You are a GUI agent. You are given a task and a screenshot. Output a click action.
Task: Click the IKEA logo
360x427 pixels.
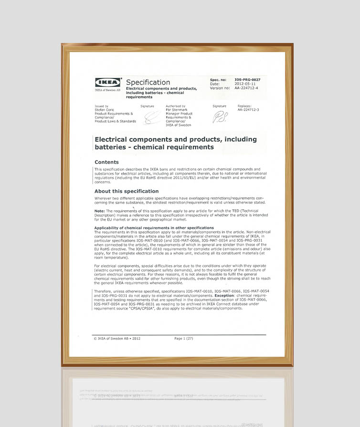[x=107, y=82]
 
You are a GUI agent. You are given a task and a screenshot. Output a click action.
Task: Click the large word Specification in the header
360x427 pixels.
[x=148, y=82]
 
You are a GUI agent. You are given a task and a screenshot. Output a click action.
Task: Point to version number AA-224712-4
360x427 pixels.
[x=246, y=88]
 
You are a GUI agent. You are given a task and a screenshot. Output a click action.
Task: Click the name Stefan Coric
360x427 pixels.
[x=106, y=110]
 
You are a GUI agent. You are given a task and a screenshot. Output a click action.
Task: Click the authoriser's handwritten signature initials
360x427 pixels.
[x=220, y=117]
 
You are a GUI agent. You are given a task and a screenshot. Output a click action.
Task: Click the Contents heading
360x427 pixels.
[x=106, y=162]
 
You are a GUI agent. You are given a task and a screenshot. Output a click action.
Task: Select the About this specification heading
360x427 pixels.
[x=127, y=191]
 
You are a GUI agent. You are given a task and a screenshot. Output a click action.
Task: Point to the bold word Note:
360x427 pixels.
[x=99, y=210]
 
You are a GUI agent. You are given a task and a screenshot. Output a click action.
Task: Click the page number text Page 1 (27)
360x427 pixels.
[x=184, y=339]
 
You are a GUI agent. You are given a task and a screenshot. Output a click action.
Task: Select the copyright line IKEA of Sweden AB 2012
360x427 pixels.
[x=117, y=339]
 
